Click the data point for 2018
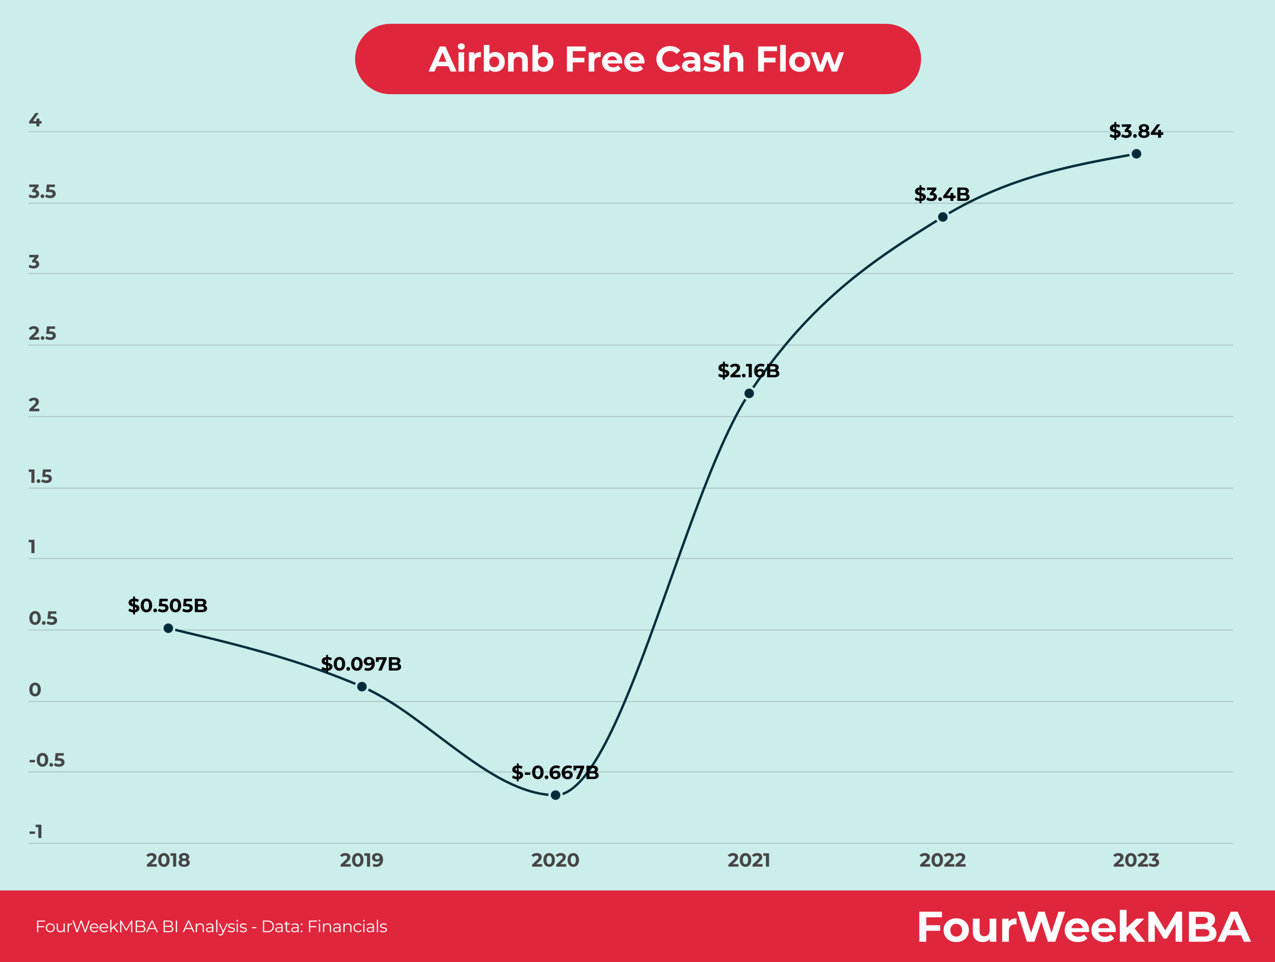tap(168, 628)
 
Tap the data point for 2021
tap(750, 393)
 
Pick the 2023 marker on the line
tap(1136, 154)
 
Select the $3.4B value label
tap(942, 194)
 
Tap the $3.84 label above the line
tap(1136, 131)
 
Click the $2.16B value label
tap(748, 371)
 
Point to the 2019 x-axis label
tap(362, 860)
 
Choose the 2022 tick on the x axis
tap(942, 860)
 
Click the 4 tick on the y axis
tap(35, 120)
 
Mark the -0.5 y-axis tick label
tap(47, 760)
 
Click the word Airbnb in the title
tap(491, 59)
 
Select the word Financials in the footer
tap(347, 926)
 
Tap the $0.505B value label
tap(167, 605)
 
